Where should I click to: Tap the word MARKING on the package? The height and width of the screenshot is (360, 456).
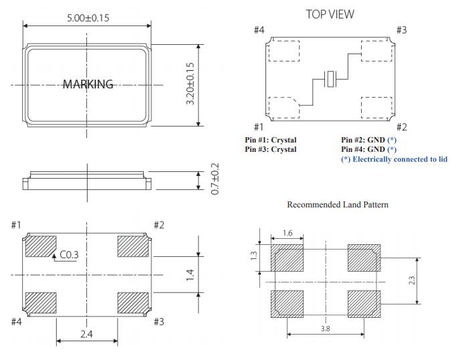88,84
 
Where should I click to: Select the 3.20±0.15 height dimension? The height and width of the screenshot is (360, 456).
191,84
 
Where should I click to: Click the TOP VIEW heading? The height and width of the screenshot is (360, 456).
330,14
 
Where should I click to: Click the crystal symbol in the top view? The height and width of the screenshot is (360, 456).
329,80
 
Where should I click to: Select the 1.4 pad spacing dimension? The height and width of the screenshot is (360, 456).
190,274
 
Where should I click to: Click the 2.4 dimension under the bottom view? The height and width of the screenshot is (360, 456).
86,333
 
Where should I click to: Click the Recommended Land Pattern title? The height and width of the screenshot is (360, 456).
338,205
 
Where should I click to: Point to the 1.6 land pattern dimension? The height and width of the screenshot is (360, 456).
288,234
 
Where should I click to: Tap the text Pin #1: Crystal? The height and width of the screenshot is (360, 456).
271,140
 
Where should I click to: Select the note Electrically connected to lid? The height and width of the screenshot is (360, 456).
394,159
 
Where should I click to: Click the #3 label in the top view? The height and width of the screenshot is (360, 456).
401,30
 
